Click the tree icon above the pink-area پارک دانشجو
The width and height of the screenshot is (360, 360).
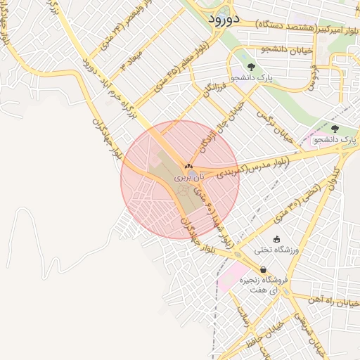(334, 129)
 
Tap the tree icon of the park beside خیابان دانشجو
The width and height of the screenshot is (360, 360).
(251, 67)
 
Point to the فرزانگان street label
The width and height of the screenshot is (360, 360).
(214, 89)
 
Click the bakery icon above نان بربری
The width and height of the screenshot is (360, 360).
(188, 167)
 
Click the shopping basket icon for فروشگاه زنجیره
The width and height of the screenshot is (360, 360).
(263, 269)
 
